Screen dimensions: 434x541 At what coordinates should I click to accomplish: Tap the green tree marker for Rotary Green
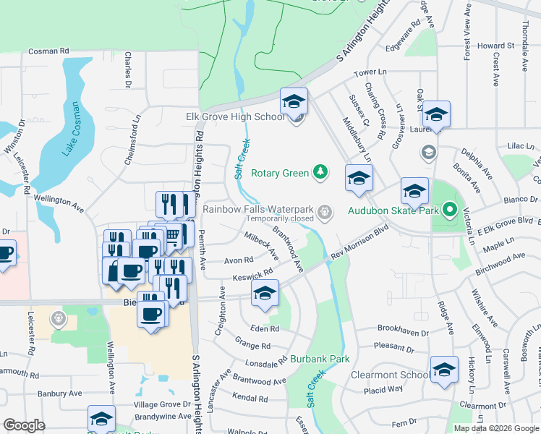[320, 172]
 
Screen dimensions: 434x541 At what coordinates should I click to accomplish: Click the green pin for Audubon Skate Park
[449, 210]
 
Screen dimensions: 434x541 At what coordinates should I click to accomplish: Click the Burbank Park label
[320, 359]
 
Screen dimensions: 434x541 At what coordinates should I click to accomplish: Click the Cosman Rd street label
[48, 51]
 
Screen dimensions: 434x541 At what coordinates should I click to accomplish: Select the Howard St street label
[495, 46]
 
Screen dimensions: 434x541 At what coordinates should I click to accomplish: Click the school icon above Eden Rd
[265, 294]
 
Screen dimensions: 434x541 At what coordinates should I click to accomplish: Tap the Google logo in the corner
[25, 425]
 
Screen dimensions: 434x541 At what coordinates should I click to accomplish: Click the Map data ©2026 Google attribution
[497, 428]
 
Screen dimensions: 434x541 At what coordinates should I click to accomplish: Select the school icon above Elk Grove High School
[294, 101]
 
